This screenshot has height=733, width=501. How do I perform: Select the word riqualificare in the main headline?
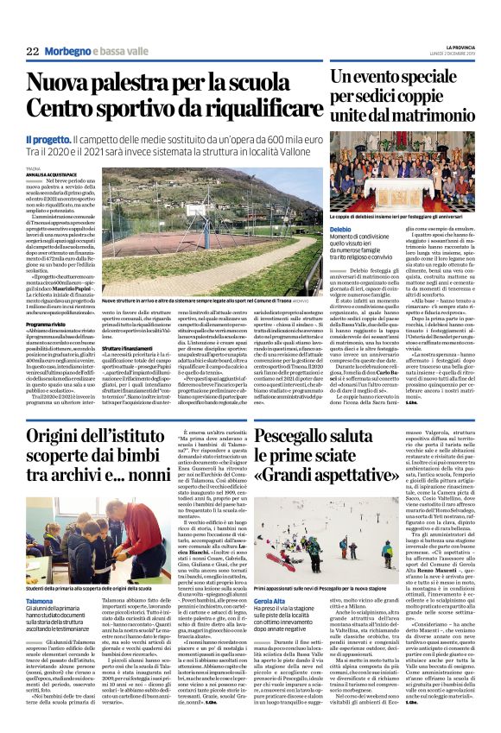240,110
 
